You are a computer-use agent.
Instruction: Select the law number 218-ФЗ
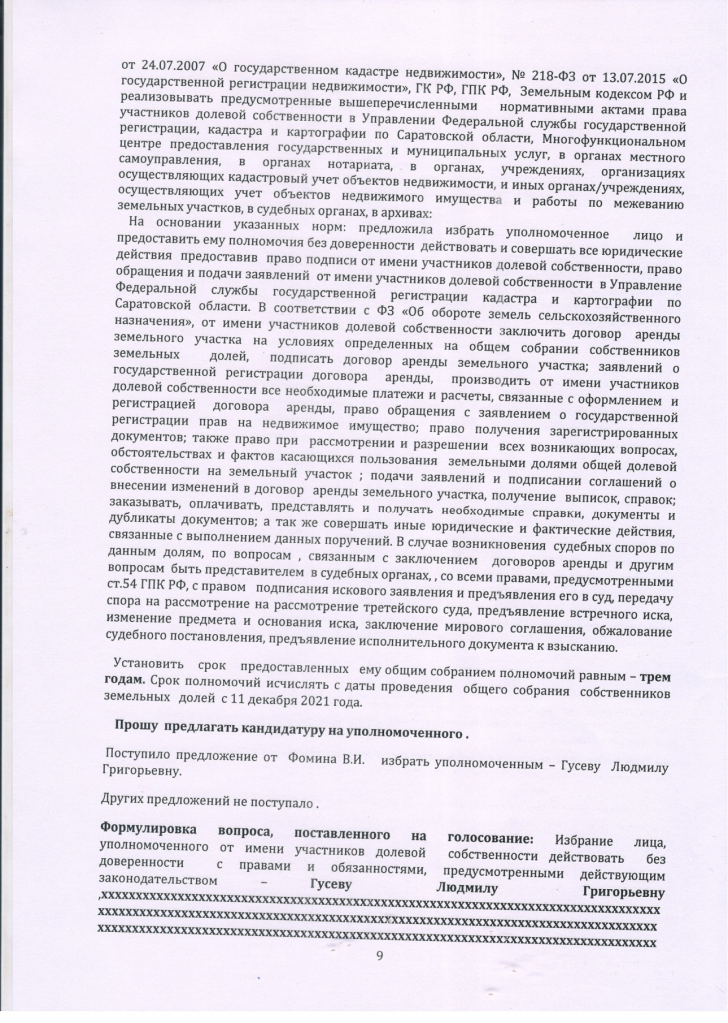(515, 45)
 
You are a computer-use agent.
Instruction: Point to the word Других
(127, 800)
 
